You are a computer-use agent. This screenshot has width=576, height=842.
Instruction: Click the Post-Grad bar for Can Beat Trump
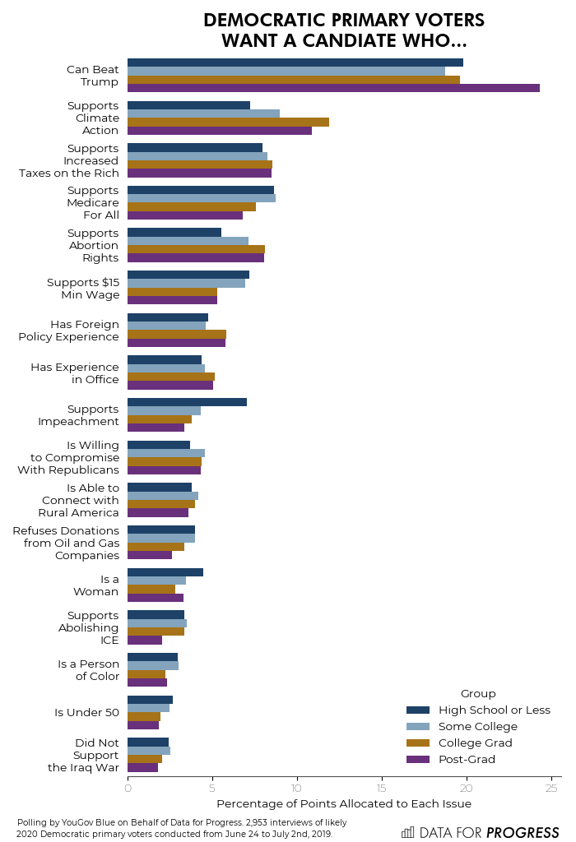(x=333, y=88)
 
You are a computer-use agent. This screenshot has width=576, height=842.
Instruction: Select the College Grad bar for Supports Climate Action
(x=228, y=122)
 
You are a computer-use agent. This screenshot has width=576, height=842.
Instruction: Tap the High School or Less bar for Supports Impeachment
(x=187, y=402)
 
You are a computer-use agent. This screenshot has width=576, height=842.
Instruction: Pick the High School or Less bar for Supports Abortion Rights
(x=174, y=233)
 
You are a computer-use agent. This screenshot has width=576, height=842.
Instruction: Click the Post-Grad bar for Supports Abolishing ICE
(x=145, y=640)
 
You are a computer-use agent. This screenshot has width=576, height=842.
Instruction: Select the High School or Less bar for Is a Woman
(x=165, y=572)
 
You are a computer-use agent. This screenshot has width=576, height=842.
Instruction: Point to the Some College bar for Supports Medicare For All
(x=202, y=198)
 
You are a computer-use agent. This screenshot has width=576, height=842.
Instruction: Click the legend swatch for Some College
(x=418, y=727)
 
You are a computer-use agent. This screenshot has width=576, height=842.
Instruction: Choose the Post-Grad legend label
(x=467, y=759)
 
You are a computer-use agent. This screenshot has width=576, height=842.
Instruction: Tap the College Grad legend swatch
(x=418, y=743)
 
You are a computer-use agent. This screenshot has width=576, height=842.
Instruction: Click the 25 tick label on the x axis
(x=551, y=789)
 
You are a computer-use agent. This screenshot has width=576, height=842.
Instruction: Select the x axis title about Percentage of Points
(x=344, y=803)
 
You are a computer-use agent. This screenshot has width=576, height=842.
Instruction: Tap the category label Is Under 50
(x=86, y=712)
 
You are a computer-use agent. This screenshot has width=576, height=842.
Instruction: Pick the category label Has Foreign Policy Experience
(x=68, y=331)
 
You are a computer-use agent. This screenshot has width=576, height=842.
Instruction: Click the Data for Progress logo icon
(x=408, y=832)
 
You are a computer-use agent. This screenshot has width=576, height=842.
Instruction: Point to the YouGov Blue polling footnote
(x=181, y=827)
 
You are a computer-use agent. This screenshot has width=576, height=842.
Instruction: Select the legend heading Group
(x=478, y=693)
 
